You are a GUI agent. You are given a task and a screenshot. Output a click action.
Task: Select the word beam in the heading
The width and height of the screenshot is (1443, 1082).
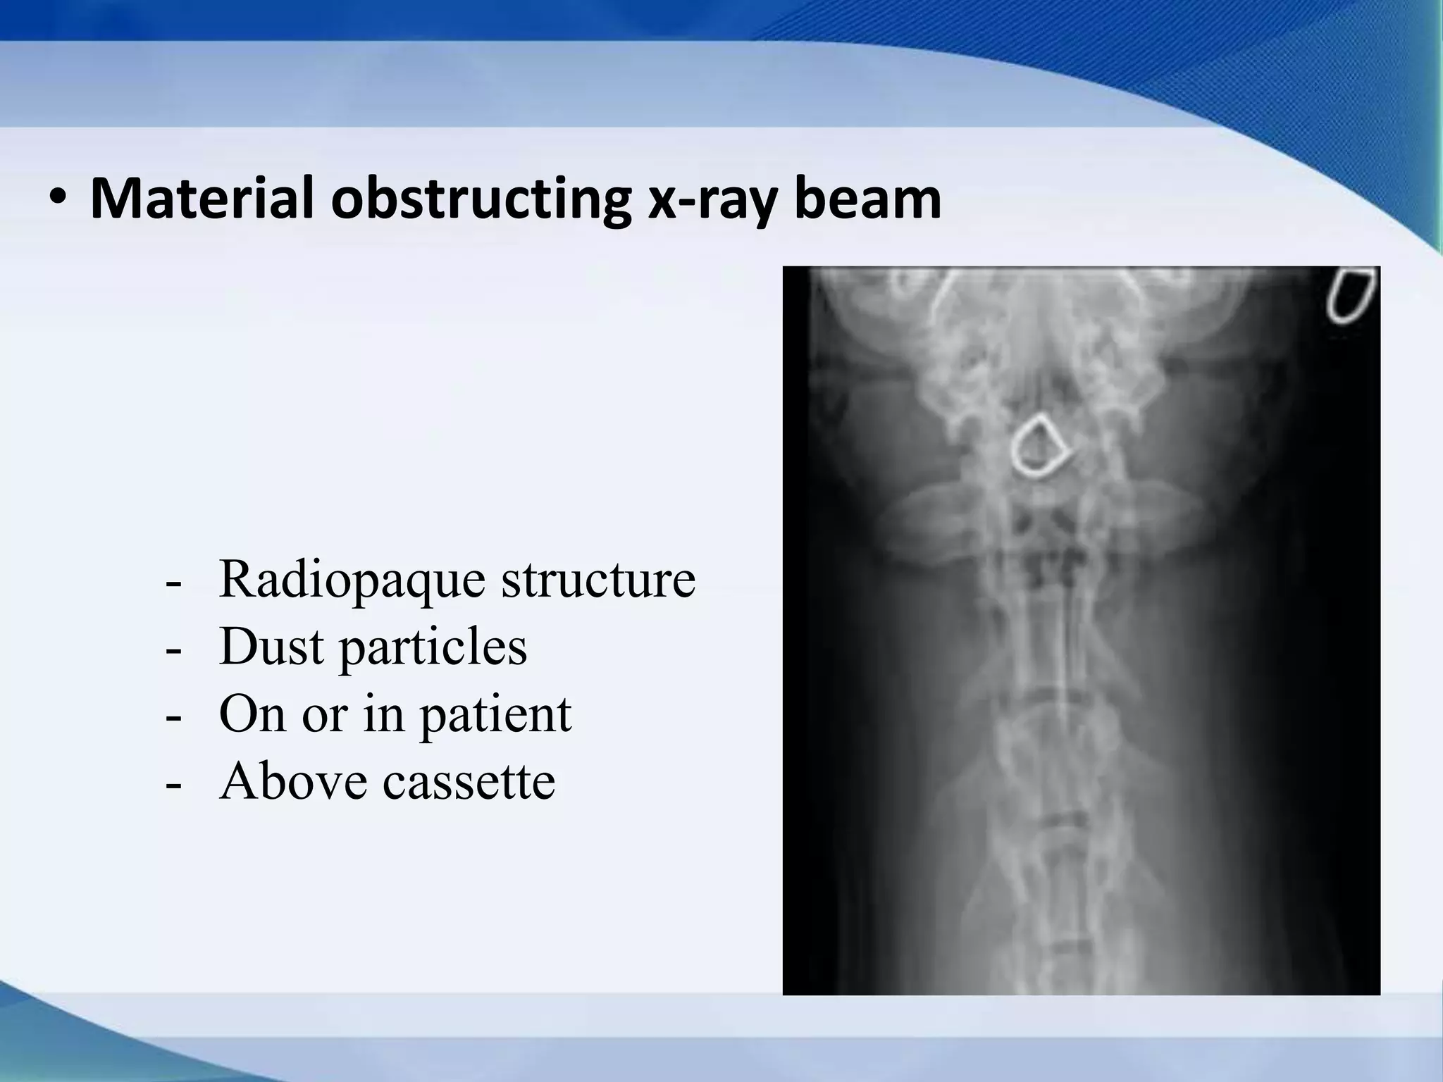point(867,199)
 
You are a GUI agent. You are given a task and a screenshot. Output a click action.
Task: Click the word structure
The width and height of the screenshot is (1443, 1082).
point(598,579)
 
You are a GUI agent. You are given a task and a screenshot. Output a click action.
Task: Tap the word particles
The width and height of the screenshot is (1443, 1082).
point(433,646)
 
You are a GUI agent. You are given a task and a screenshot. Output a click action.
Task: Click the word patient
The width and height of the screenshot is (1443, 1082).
point(496,714)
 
